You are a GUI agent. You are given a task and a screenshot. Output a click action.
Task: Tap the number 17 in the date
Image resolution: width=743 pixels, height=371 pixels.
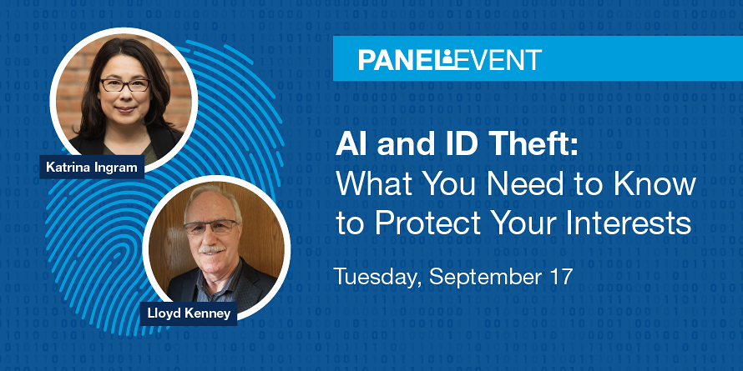coord(561,277)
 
